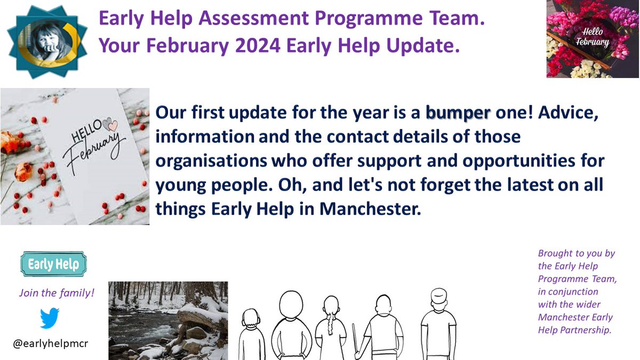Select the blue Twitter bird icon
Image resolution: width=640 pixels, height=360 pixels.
[50, 318]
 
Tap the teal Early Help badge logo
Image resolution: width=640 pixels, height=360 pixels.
[53, 265]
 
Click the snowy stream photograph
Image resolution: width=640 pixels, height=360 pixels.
[168, 321]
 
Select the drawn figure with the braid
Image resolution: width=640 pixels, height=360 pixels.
[330, 328]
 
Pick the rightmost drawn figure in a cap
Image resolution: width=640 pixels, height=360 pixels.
[438, 323]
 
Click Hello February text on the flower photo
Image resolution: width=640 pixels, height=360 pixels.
[596, 37]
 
